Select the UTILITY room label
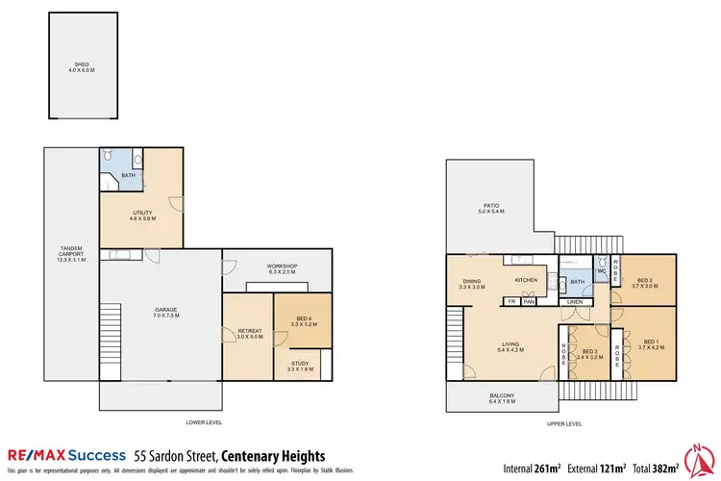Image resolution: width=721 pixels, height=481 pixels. (x=141, y=215)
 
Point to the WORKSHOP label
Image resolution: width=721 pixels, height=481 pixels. (x=282, y=268)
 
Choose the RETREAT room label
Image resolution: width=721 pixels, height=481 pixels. (x=249, y=334)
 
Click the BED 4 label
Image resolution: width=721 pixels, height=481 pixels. (x=303, y=322)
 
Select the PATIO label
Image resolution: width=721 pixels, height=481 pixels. (x=491, y=208)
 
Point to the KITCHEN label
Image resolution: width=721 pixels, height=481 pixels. (x=526, y=280)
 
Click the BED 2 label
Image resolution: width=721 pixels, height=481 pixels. (x=643, y=282)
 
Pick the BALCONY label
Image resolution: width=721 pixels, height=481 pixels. (x=501, y=398)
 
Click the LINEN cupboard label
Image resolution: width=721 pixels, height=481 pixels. (x=574, y=302)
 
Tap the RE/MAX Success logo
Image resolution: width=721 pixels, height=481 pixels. (x=67, y=455)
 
